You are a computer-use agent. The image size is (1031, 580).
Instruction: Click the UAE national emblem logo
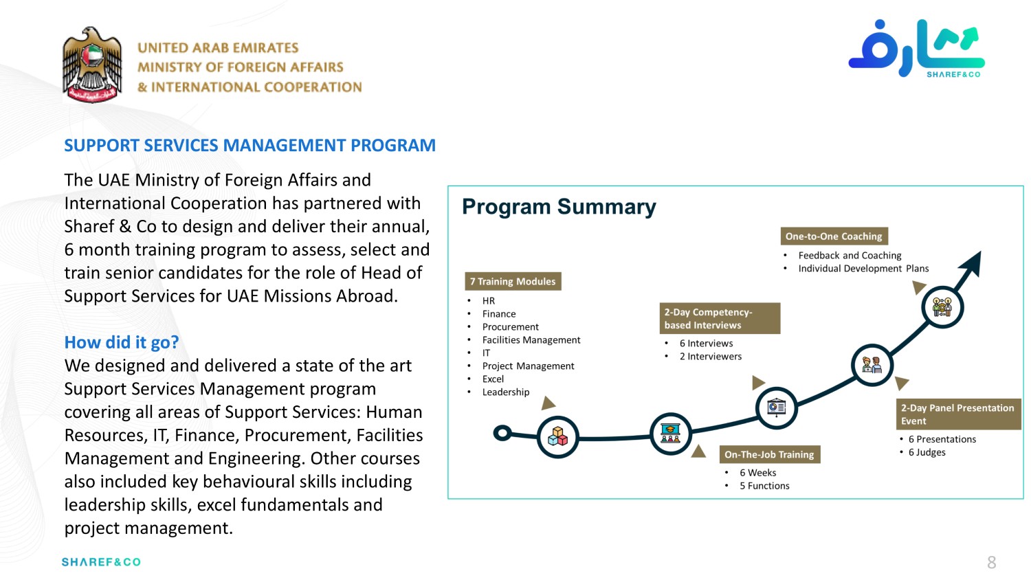(92, 65)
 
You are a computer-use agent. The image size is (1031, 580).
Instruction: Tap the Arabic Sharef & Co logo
(916, 48)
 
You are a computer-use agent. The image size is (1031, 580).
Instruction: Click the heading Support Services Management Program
(250, 146)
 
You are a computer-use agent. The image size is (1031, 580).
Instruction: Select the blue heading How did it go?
(122, 342)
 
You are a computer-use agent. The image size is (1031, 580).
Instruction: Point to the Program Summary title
(559, 207)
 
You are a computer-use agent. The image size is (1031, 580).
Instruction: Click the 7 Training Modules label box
(513, 281)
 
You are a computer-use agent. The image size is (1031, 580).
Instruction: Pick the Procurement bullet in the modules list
(510, 327)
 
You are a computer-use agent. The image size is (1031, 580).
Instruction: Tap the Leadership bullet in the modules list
(505, 392)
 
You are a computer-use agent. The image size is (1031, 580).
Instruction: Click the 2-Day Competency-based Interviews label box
(720, 318)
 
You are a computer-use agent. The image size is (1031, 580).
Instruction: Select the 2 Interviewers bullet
(710, 357)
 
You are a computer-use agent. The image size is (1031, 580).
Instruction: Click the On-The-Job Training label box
(769, 454)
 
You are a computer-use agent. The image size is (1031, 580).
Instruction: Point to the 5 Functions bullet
(764, 486)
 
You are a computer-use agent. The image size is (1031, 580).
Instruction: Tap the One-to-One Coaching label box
(834, 236)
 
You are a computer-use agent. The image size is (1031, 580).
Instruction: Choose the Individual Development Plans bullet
(863, 269)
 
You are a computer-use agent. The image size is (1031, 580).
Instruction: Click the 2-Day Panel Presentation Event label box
(957, 414)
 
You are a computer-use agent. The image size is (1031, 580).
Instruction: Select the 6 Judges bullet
(927, 452)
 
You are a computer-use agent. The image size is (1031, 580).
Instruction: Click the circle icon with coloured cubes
(557, 436)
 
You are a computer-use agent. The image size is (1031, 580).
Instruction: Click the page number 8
(991, 563)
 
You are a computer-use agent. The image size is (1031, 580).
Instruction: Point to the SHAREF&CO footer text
(101, 562)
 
